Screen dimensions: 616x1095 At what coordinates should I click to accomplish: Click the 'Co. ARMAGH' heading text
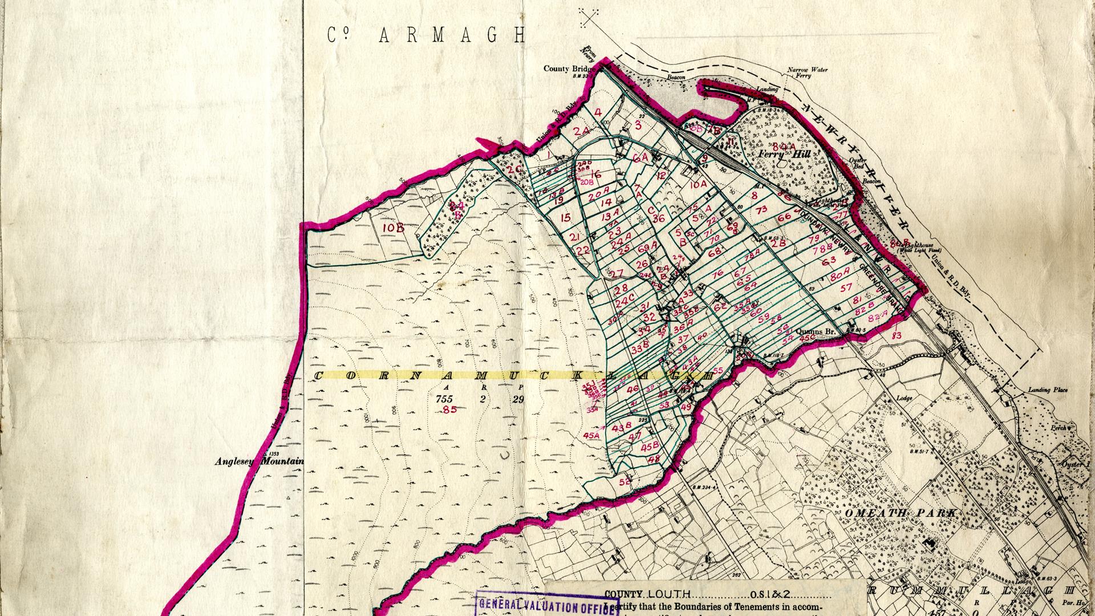(x=427, y=35)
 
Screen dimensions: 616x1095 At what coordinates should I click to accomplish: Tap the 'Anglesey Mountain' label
(x=259, y=462)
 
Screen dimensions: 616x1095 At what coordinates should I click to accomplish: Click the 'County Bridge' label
(x=565, y=68)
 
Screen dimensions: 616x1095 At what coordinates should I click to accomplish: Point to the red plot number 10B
(x=394, y=228)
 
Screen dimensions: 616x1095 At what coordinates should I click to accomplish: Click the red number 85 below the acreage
(x=449, y=409)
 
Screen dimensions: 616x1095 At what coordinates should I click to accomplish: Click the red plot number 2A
(x=581, y=131)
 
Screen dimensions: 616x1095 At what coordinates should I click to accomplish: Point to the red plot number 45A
(x=593, y=436)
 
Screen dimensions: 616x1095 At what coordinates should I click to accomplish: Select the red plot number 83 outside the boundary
(x=897, y=336)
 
